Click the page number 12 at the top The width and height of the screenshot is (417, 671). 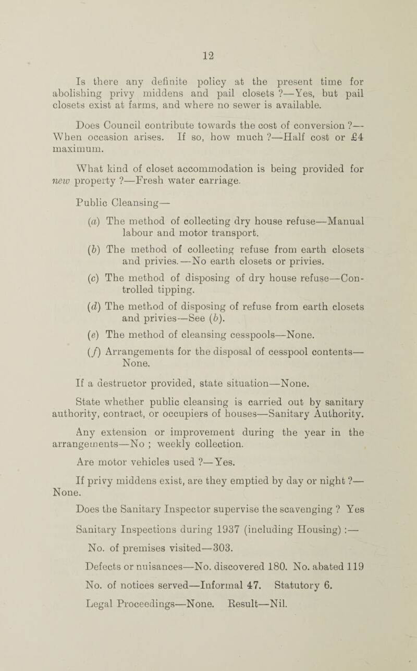[x=208, y=52]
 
